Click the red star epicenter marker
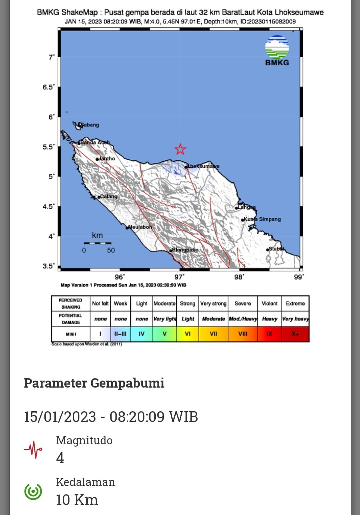tap(180, 149)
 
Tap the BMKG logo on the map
tap(277, 50)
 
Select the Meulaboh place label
tap(140, 227)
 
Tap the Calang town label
tap(108, 196)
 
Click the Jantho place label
tap(107, 159)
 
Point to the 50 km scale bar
tap(97, 243)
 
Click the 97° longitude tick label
tap(179, 277)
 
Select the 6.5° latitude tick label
tap(48, 87)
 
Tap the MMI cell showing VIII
tap(243, 334)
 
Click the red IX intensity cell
tap(269, 334)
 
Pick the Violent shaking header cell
tap(269, 304)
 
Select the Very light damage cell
tap(165, 319)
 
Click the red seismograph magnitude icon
tap(33, 450)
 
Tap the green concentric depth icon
tap(33, 491)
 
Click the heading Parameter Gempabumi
tap(94, 383)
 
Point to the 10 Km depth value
tap(77, 500)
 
